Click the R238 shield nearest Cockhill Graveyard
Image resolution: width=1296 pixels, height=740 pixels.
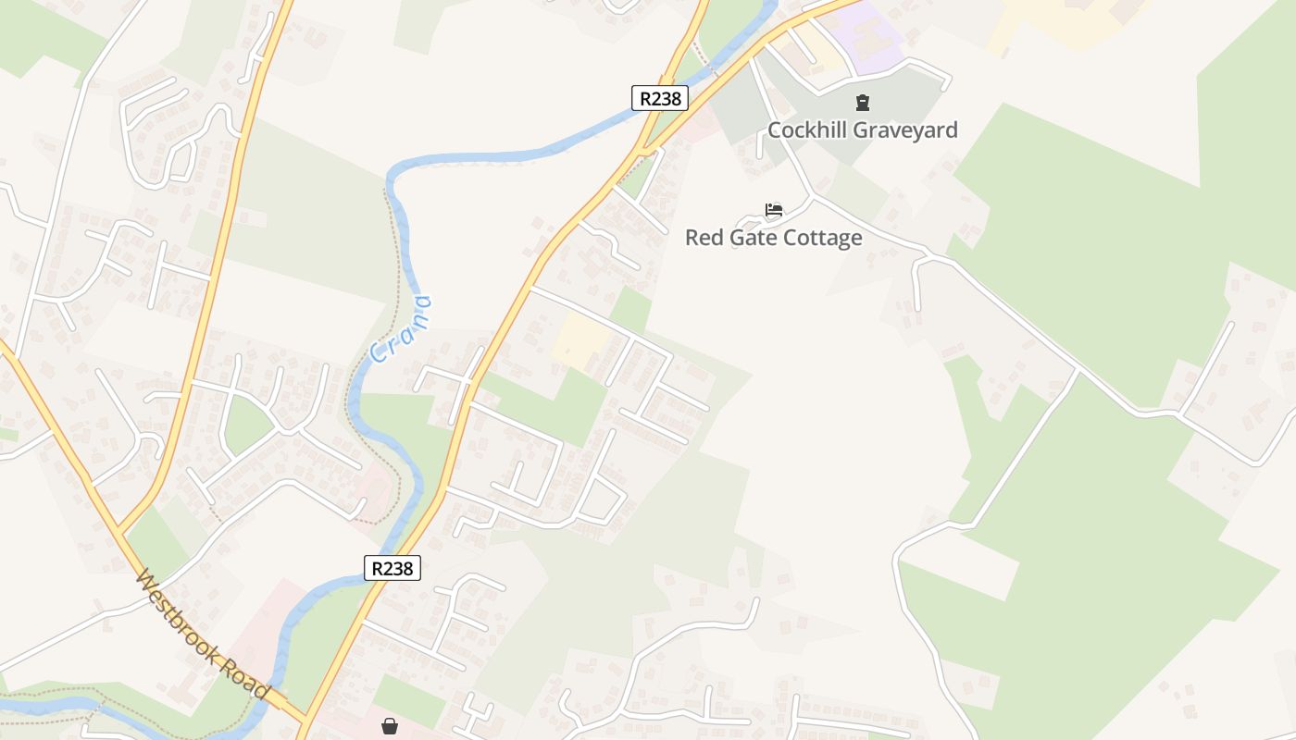pos(660,98)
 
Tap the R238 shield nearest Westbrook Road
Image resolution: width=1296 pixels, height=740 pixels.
pos(393,568)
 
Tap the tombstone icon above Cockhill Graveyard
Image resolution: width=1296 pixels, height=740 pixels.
pos(863,103)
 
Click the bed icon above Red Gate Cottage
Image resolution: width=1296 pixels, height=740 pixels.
pos(774,210)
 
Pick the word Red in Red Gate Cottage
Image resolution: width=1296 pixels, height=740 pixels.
pos(702,238)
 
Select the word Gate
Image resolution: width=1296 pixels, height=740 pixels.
pos(751,238)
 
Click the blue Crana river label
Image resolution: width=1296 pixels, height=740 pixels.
pos(401,329)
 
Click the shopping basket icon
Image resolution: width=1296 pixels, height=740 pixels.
pos(390,726)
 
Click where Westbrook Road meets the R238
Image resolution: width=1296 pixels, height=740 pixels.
pos(304,720)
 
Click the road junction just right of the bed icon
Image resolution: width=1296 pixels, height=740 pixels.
pos(812,196)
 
